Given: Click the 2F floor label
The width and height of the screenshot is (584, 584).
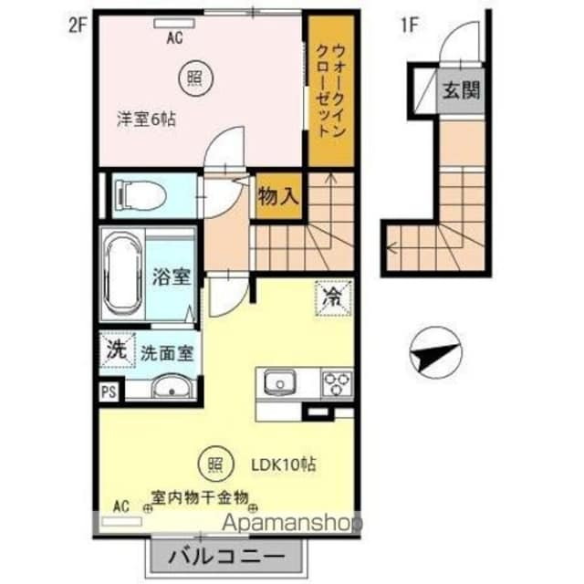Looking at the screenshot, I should [77, 26].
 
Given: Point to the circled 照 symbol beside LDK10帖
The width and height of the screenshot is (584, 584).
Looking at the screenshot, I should [211, 464].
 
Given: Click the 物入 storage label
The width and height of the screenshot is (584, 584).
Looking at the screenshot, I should [278, 194].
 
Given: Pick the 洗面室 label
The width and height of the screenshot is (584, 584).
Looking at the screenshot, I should [166, 354].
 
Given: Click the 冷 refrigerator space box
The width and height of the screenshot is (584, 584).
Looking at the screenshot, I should [331, 297].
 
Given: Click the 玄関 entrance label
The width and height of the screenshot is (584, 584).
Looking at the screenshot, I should [463, 90].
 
